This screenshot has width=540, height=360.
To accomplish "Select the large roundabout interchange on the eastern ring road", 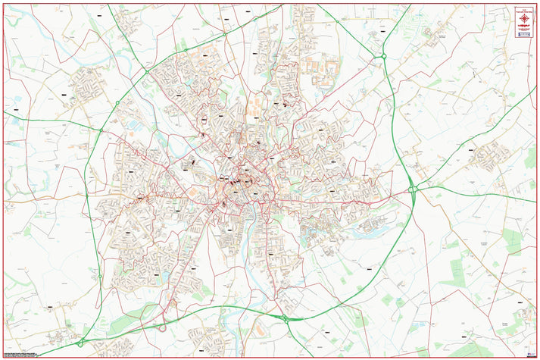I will point(414,189).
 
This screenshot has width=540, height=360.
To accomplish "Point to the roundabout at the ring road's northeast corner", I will point(384,56).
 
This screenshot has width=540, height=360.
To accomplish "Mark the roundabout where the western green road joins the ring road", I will point(100,130).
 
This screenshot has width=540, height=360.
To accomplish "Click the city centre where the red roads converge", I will point(244,180).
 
